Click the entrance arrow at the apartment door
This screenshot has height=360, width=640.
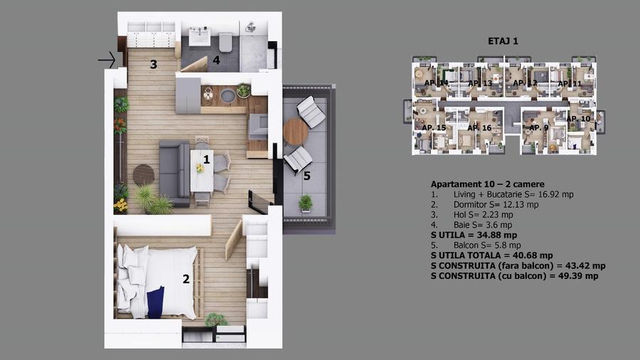coord(107,60)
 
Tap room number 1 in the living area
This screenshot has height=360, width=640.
coord(206,159)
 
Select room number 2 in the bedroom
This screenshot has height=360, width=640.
coord(186,280)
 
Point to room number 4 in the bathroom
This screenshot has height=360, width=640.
coord(216,61)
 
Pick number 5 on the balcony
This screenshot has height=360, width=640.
coord(306,176)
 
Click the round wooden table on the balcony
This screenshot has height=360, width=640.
coord(294,131)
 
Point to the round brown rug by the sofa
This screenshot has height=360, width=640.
coord(144,174)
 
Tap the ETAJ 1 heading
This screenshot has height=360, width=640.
coord(504,41)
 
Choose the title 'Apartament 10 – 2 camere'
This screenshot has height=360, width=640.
coord(487,184)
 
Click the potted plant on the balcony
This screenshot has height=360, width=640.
coord(305,203)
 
